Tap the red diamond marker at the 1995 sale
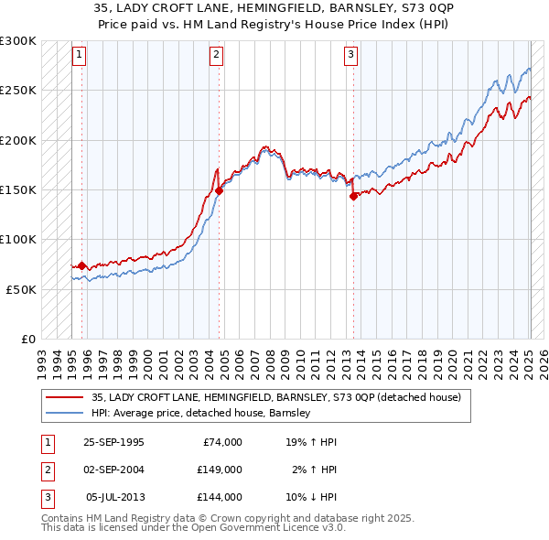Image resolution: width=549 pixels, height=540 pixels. pyautogui.click(x=82, y=265)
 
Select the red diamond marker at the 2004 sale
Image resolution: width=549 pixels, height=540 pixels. pyautogui.click(x=220, y=191)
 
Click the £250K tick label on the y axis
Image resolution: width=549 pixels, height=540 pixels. pyautogui.click(x=18, y=91)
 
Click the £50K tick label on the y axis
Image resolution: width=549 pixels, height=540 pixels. pyautogui.click(x=21, y=289)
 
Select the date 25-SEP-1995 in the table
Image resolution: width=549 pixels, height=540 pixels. pyautogui.click(x=113, y=442)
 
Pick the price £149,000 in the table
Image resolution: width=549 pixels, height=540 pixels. pyautogui.click(x=220, y=470)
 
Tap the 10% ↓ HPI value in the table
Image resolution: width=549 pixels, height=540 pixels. pyautogui.click(x=312, y=497)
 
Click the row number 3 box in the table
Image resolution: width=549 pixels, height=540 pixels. pyautogui.click(x=46, y=497)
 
